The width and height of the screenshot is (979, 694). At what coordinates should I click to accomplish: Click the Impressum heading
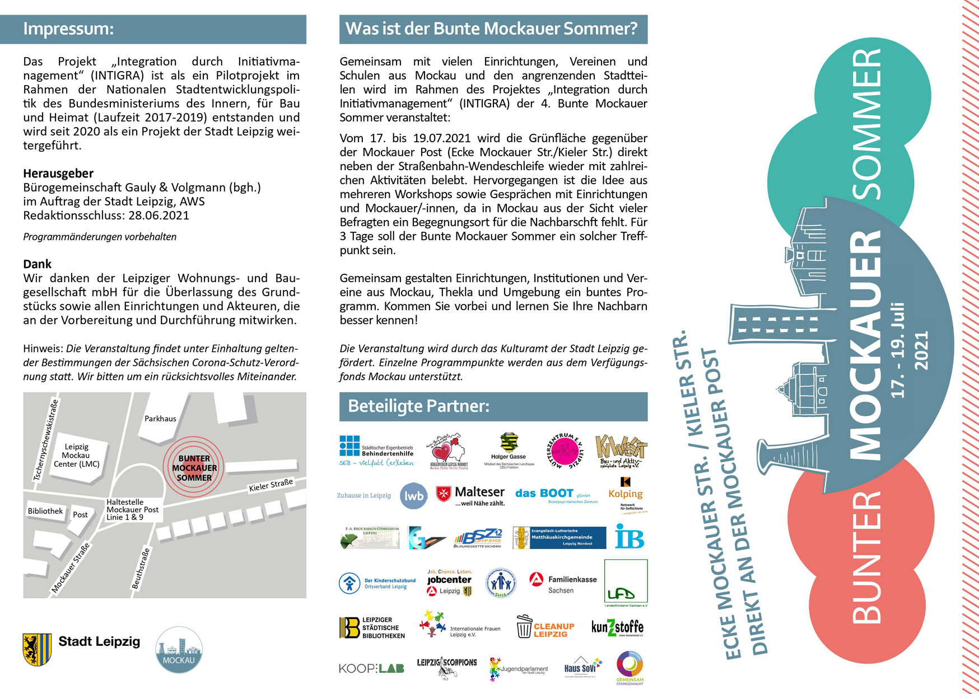coord(68,29)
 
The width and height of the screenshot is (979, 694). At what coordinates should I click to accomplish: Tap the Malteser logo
coord(470,495)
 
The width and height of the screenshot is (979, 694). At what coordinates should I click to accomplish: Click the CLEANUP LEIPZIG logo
coord(545,628)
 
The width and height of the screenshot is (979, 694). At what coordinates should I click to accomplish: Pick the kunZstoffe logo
coord(617,627)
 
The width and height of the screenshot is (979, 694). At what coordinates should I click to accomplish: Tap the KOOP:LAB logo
coord(371,668)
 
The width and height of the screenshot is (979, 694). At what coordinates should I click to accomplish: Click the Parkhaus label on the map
coord(160,419)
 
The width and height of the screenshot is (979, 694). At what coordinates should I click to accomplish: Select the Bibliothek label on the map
coord(45,511)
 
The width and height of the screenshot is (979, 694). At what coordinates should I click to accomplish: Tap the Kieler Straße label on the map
coord(271,485)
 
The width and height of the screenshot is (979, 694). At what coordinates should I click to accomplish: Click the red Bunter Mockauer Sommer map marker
coord(194,468)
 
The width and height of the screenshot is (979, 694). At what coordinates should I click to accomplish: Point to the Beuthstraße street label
coord(141,569)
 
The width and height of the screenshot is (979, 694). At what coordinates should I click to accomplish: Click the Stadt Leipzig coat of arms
coord(37,649)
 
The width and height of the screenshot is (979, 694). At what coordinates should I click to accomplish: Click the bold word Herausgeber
coord(58,173)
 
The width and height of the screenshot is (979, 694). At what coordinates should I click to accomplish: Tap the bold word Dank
coord(37,264)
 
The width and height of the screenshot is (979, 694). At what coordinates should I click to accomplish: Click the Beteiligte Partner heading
coord(418,406)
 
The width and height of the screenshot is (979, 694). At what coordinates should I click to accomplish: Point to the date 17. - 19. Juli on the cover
coord(897,350)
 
